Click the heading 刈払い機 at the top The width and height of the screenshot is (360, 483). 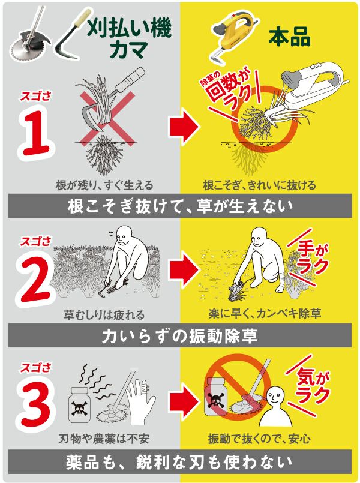tap(129, 29)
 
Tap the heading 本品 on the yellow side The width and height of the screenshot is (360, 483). tap(289, 38)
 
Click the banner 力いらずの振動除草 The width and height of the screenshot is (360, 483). tap(180, 336)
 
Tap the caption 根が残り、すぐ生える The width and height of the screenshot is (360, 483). tap(104, 185)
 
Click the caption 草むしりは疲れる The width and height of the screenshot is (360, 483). tap(104, 315)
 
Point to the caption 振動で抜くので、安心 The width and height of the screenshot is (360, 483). tap(259, 439)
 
